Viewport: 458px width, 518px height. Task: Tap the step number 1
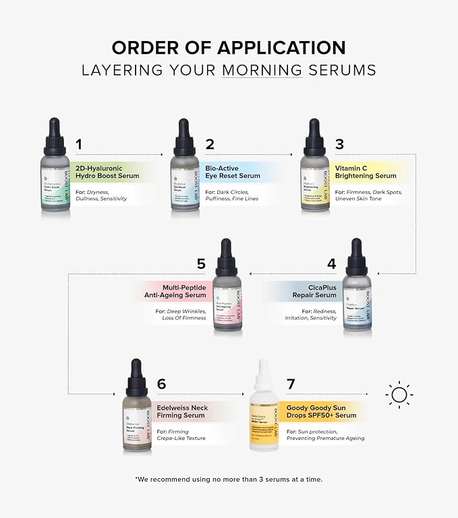(x=79, y=144)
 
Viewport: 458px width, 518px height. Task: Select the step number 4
(x=331, y=264)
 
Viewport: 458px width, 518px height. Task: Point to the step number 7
(x=290, y=384)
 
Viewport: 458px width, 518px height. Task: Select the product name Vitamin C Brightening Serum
(x=365, y=172)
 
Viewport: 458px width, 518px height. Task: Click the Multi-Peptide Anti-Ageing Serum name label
(x=175, y=291)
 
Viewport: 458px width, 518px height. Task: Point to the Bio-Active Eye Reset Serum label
(x=232, y=172)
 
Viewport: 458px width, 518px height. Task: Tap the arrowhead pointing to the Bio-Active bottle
(x=162, y=155)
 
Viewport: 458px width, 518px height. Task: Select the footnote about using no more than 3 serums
(x=229, y=479)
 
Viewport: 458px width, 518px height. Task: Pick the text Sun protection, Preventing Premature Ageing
(x=325, y=434)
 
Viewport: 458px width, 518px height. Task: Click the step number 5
(x=201, y=264)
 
